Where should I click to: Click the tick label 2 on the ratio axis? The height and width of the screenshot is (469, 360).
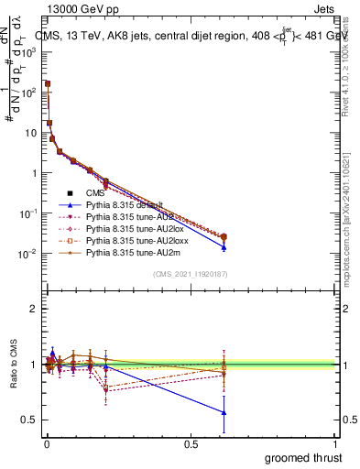click(34, 309)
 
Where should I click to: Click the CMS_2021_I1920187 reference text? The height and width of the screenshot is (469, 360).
click(190, 274)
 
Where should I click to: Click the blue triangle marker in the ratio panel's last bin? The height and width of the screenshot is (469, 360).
click(224, 412)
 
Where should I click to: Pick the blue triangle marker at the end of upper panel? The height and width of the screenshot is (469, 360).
click(224, 247)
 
